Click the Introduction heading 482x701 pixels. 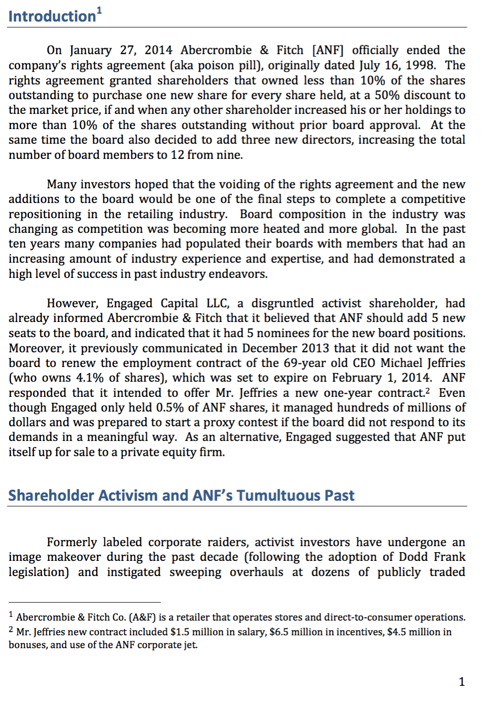[x=52, y=17]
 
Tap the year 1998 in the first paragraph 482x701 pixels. [x=420, y=65]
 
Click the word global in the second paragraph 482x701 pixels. [x=378, y=229]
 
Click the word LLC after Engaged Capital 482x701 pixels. [x=217, y=304]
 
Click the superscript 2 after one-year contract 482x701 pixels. [x=427, y=391]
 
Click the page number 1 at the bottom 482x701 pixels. [x=462, y=682]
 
